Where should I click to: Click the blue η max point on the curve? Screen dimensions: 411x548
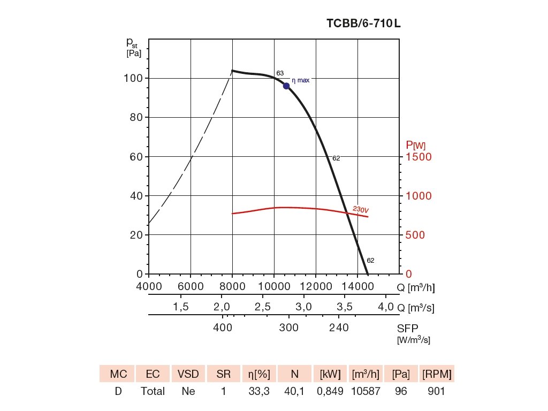click(286, 86)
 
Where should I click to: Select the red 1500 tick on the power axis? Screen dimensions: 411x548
click(418, 157)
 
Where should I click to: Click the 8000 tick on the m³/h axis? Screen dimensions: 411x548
click(232, 287)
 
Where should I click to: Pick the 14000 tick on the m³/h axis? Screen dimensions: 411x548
click(357, 287)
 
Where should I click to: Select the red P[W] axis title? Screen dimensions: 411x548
click(416, 144)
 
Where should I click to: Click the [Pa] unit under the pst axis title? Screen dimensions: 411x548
click(133, 54)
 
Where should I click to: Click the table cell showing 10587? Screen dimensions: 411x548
click(366, 392)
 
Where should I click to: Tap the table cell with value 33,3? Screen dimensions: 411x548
click(260, 392)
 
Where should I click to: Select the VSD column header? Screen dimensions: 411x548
click(188, 374)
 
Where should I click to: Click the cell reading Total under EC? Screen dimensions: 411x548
click(153, 392)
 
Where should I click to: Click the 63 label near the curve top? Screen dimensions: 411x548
click(280, 73)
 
